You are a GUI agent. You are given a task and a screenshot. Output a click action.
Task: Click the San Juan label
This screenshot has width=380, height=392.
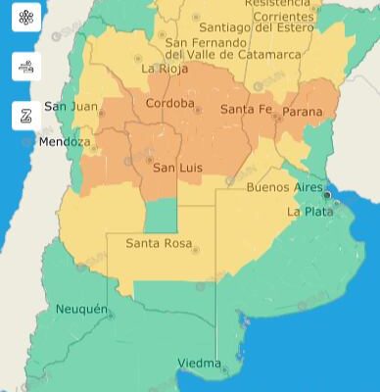coord(70,106)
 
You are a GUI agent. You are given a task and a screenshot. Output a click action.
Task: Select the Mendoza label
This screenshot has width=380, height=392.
coord(65,142)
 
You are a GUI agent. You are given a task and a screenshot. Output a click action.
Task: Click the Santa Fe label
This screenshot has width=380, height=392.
coord(245,109)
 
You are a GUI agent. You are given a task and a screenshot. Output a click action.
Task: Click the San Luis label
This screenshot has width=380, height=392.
coord(178,168)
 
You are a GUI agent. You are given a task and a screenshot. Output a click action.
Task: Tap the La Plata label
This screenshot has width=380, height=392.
coord(309,211)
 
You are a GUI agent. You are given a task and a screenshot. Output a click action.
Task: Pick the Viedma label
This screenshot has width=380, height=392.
coord(199,364)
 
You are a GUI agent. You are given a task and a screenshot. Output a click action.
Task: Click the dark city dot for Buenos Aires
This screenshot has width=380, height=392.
coord(327,195)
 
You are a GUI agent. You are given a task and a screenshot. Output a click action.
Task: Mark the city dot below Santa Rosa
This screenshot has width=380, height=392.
coord(196,250)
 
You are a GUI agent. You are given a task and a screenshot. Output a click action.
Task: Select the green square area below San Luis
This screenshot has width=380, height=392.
coord(162,214)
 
